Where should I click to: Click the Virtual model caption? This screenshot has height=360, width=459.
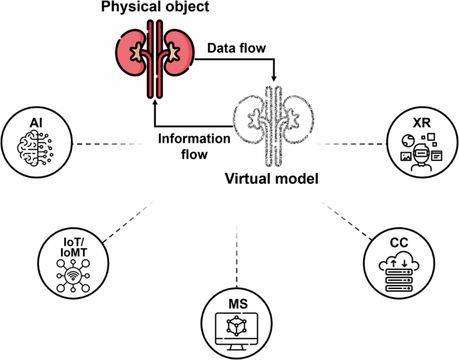click(x=270, y=179)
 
